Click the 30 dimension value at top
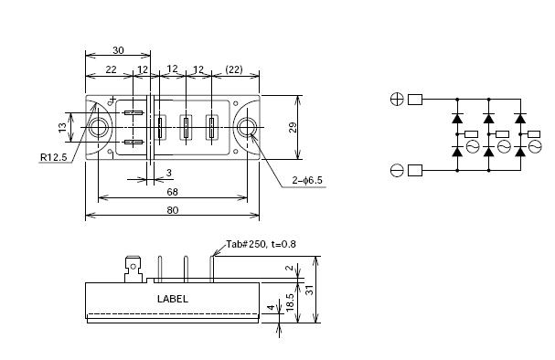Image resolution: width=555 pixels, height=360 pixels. [119, 50]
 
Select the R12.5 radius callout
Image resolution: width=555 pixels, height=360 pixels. [53, 157]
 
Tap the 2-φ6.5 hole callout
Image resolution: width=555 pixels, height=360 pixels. [307, 180]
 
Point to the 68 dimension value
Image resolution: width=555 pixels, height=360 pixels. [173, 192]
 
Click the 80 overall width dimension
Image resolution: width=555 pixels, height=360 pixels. [173, 210]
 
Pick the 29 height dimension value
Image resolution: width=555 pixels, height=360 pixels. [293, 127]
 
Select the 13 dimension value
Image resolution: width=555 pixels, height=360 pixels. [62, 127]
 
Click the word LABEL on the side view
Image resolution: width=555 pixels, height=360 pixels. [173, 299]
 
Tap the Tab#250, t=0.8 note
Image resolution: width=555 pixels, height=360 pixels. [261, 244]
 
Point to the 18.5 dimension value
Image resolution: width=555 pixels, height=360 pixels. [290, 302]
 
